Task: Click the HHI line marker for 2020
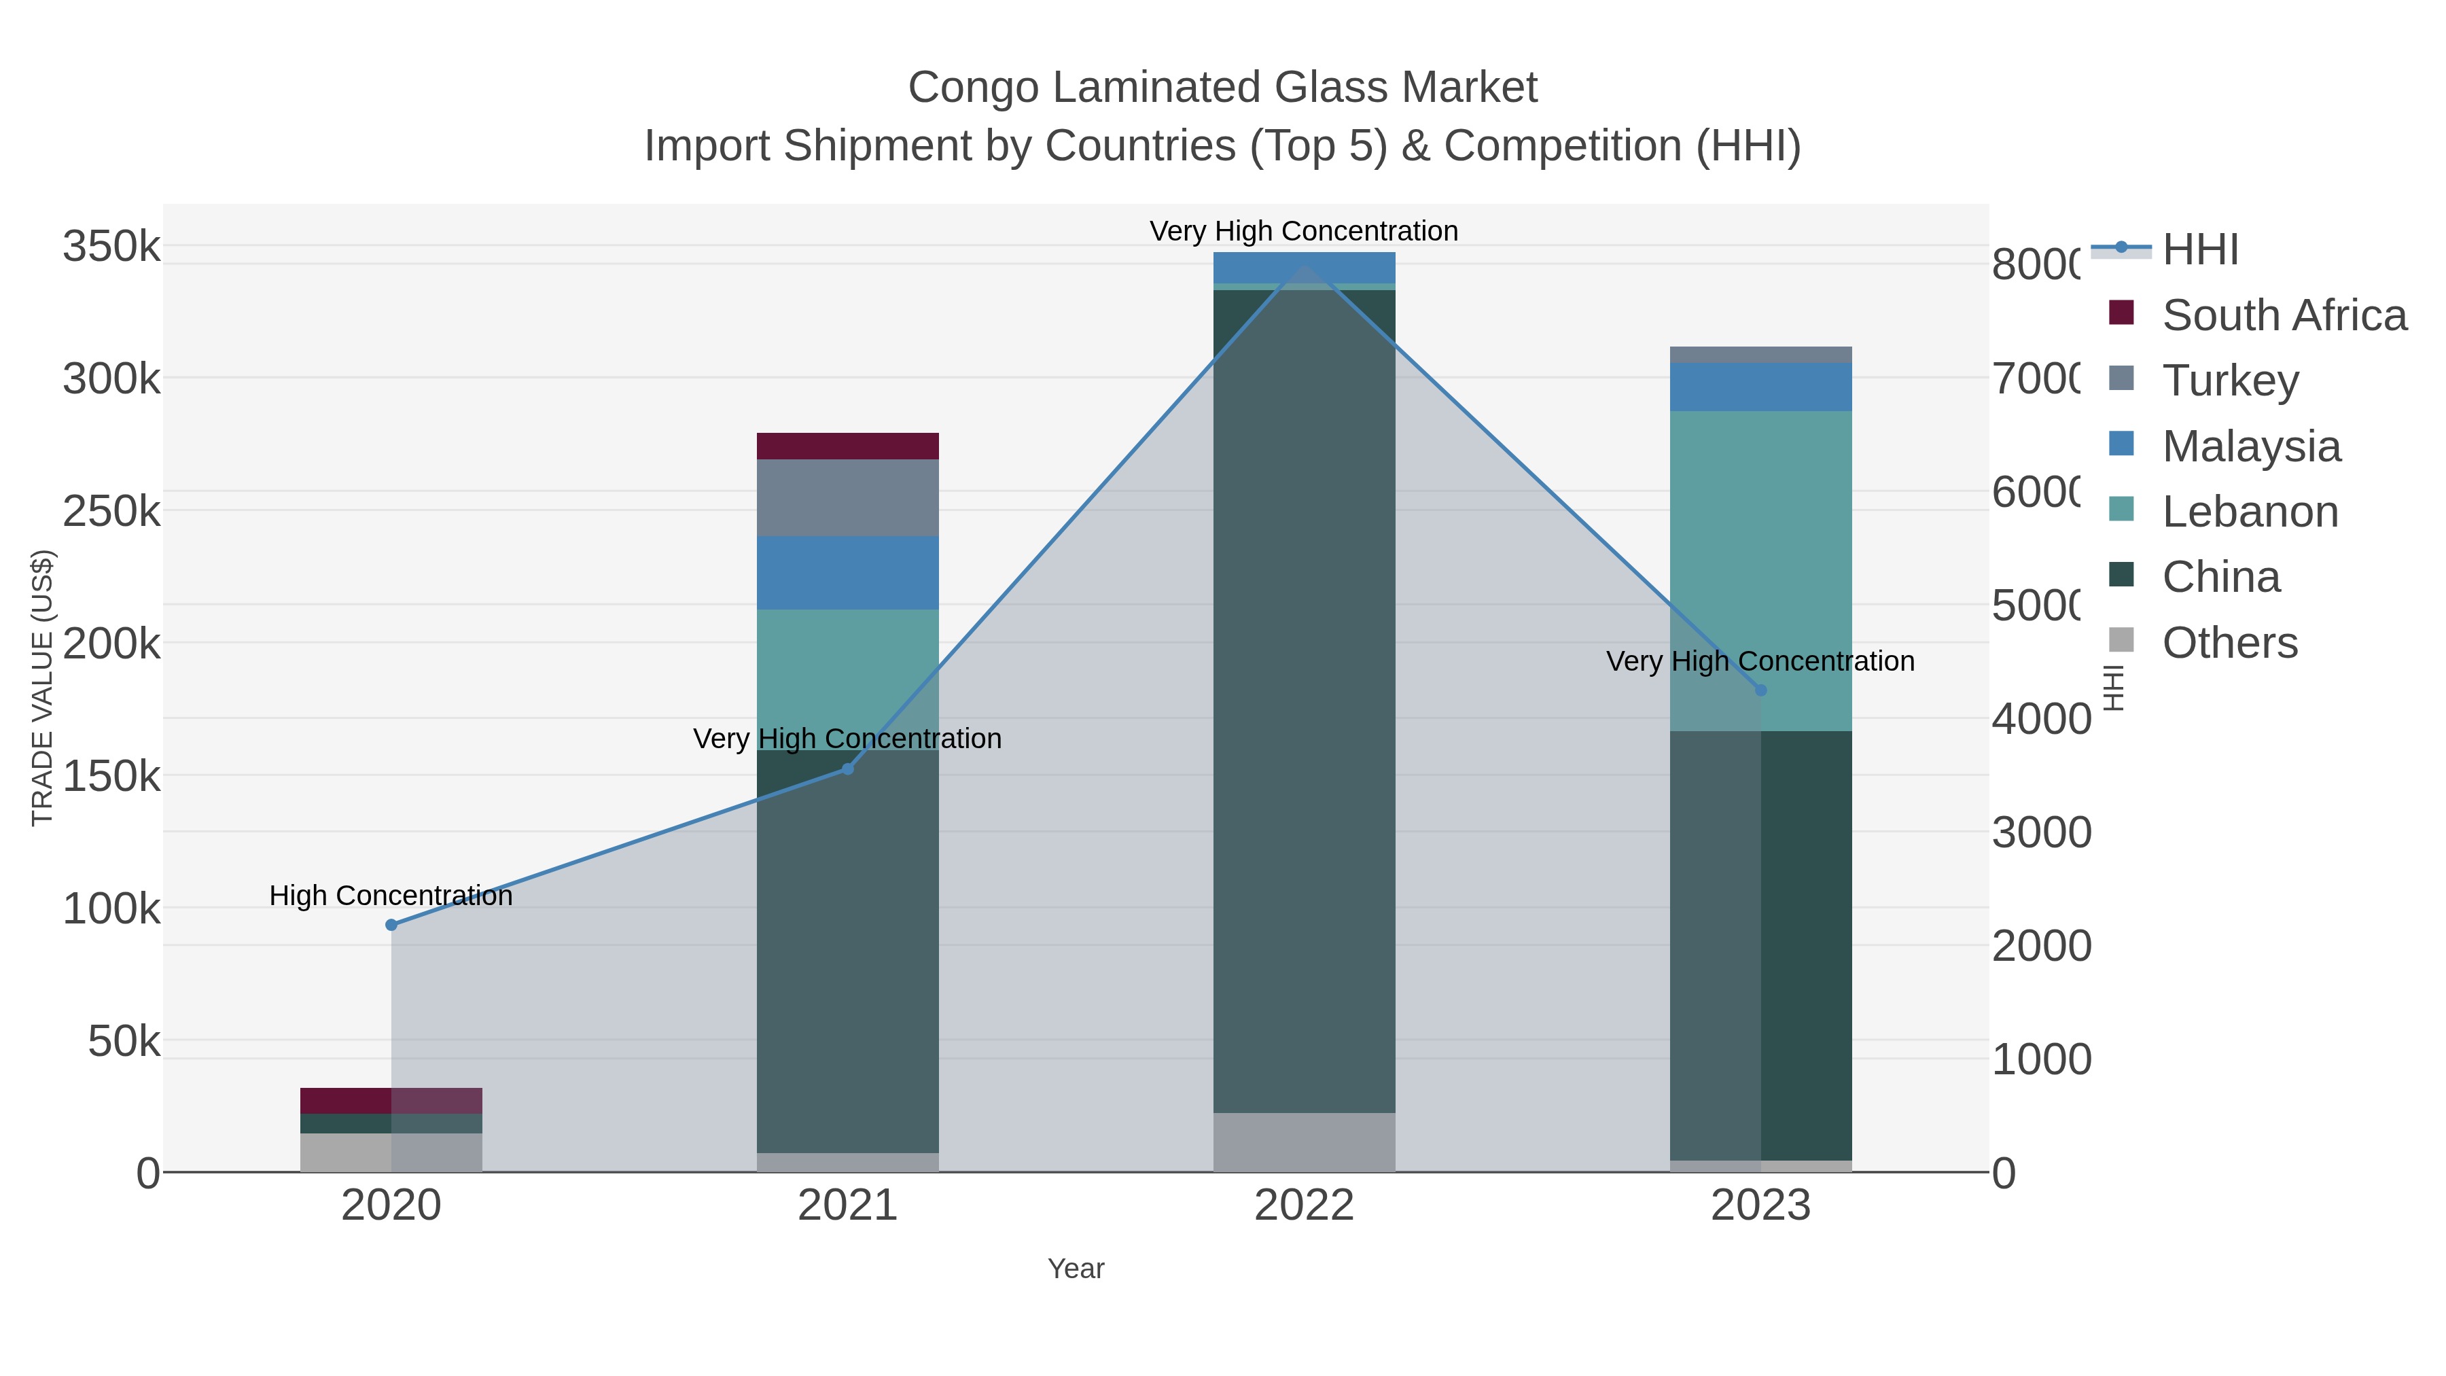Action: (391, 925)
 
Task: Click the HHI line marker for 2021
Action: (848, 769)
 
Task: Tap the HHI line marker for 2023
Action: (1760, 690)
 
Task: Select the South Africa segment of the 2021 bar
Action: (848, 446)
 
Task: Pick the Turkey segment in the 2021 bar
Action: (848, 497)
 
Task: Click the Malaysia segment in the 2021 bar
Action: (848, 573)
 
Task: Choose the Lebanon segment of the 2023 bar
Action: (1760, 570)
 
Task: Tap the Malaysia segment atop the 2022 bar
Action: (1304, 267)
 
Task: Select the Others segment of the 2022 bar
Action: (1304, 1142)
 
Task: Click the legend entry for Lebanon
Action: (2250, 512)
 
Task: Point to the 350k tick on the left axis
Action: (111, 247)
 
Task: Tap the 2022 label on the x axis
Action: (1304, 1206)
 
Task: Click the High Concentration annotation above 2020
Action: (391, 896)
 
